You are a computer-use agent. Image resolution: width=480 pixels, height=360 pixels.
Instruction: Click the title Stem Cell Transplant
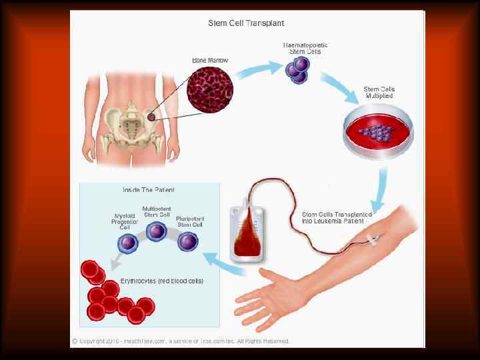(x=247, y=23)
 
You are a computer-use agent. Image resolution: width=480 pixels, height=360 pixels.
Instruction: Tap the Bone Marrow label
(x=210, y=61)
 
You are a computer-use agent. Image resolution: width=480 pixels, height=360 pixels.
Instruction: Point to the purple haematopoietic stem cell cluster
(x=297, y=70)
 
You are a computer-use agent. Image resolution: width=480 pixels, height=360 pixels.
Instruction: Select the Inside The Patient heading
(x=149, y=190)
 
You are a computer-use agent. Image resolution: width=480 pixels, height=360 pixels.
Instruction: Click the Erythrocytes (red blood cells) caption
(x=161, y=281)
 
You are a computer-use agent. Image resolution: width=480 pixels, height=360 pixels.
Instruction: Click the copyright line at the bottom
(x=181, y=341)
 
